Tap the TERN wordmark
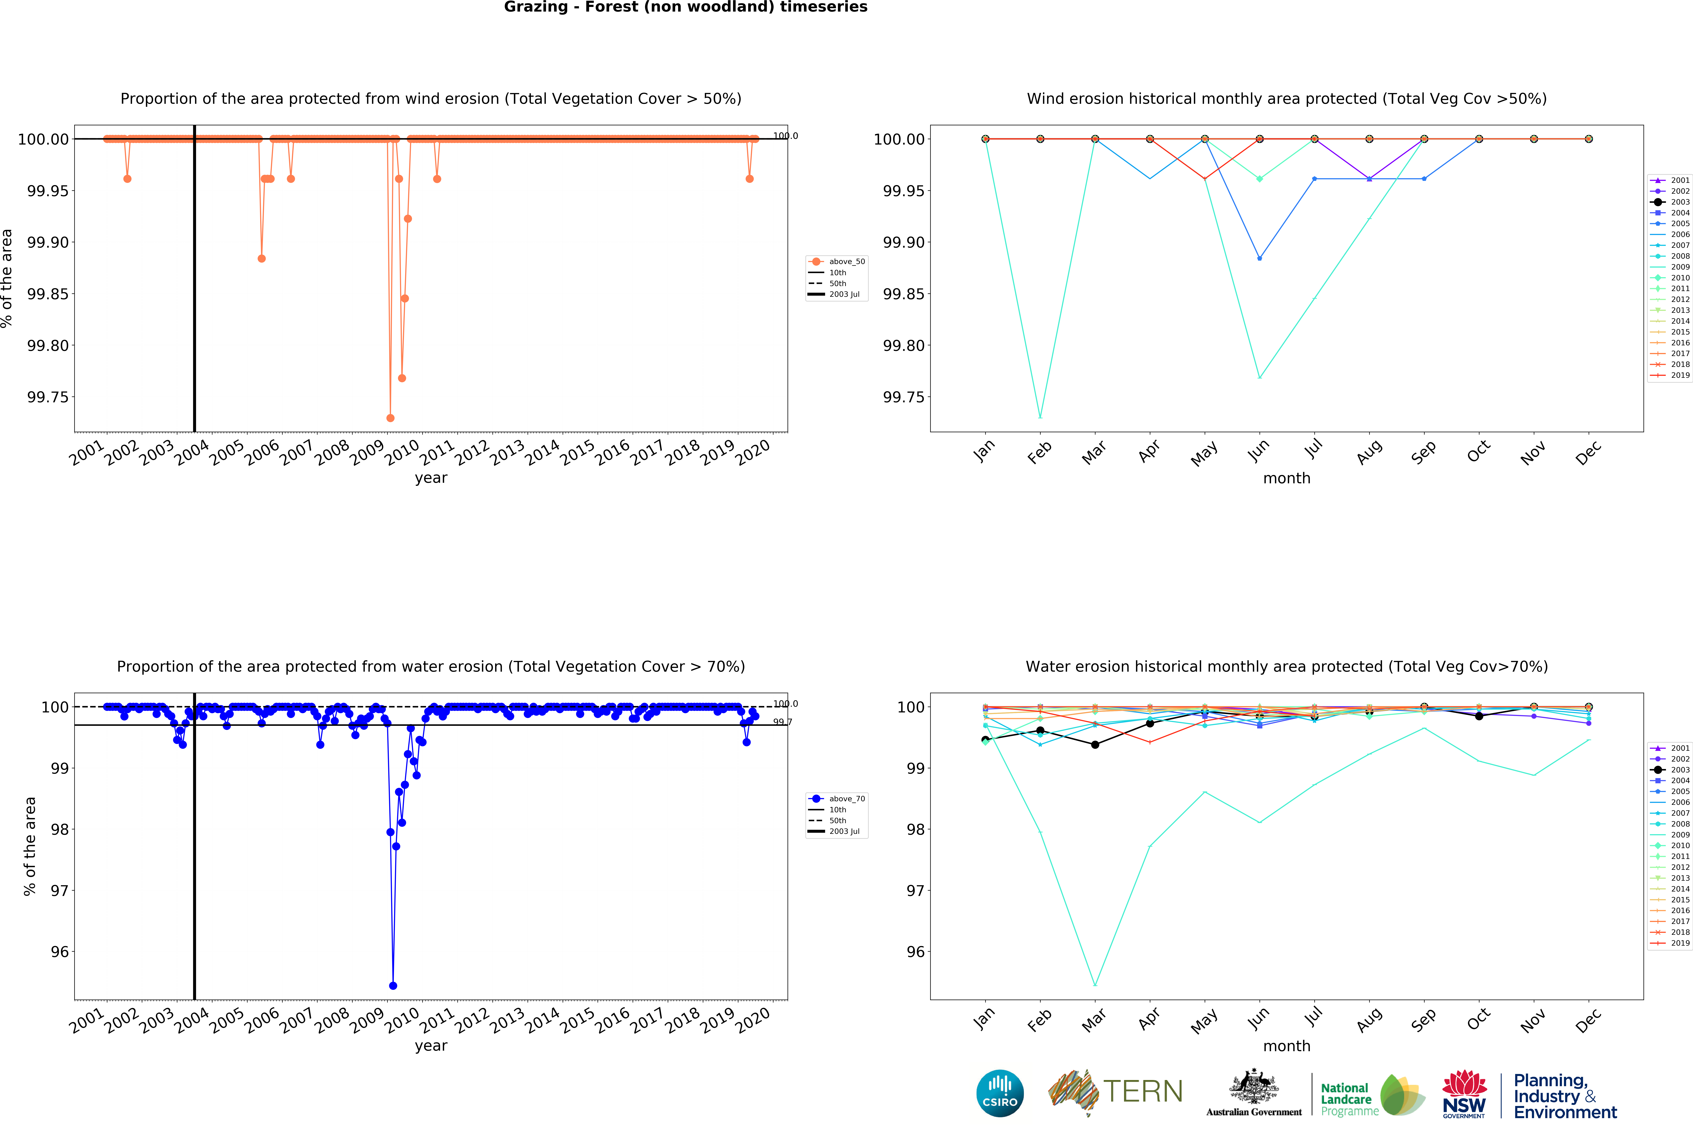pos(1142,1091)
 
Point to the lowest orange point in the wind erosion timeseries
pos(390,418)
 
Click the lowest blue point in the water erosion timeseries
pos(393,986)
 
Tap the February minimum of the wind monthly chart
pos(1040,417)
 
